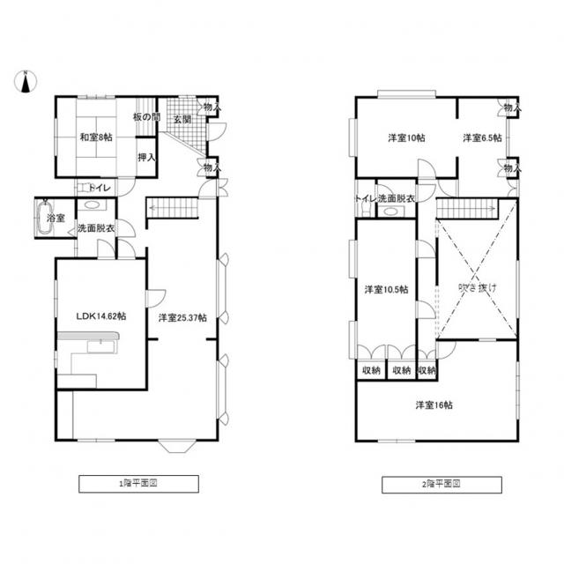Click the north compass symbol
(x=26, y=82)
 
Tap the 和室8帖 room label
(x=96, y=137)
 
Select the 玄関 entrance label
(x=182, y=119)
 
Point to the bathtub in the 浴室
(x=45, y=218)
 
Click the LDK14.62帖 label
(x=101, y=316)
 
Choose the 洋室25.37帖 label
(x=182, y=317)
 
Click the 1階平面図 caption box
(x=139, y=484)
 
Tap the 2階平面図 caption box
(x=442, y=485)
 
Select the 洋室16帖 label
(x=434, y=405)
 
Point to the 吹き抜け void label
(x=478, y=288)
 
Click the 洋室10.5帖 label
(x=386, y=290)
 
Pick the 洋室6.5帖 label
(x=482, y=137)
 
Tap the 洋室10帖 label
(x=406, y=137)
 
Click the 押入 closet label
(x=146, y=157)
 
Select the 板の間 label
(x=146, y=117)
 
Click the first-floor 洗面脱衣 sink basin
(x=92, y=205)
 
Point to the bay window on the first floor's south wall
(x=177, y=446)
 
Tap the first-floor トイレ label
(x=100, y=188)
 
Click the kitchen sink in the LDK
(x=100, y=346)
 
